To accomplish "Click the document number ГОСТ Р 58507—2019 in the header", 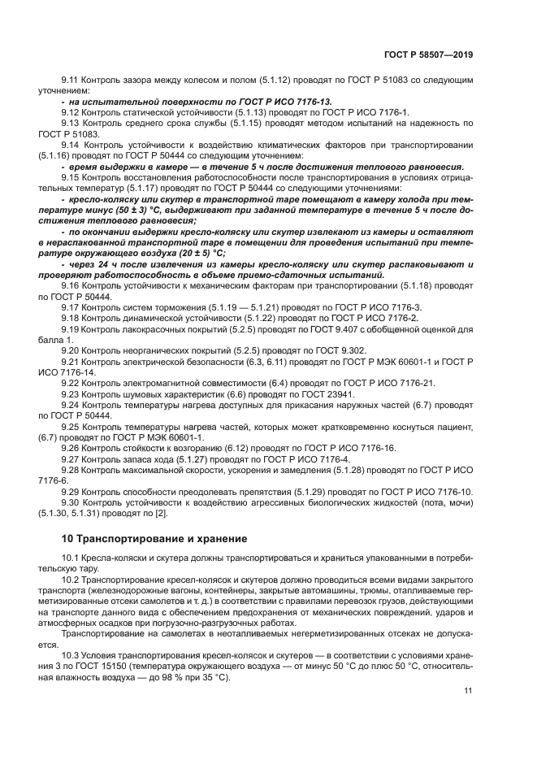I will [427, 54].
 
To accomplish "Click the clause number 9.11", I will [71, 80].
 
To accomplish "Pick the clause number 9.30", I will [71, 503].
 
